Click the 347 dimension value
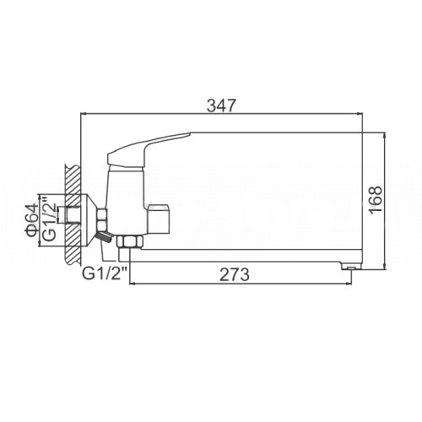(x=220, y=106)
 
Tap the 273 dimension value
(x=235, y=274)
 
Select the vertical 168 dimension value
(x=376, y=200)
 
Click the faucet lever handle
(x=149, y=150)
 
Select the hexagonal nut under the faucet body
(x=130, y=241)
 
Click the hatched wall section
(x=73, y=214)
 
